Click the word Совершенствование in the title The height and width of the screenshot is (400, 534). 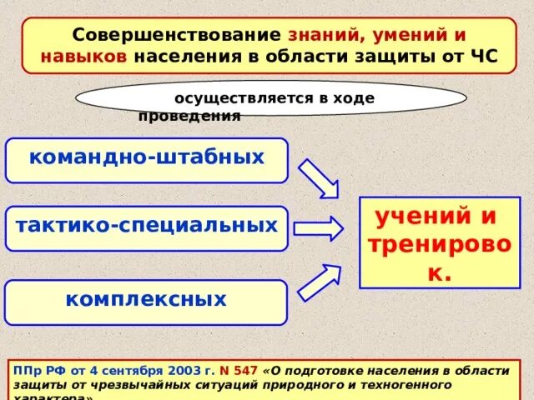point(176,37)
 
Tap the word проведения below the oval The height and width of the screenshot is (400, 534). point(189,117)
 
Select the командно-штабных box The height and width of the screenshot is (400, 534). point(147,159)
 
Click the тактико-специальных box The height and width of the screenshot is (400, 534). point(147,227)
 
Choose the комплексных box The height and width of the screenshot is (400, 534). point(147,302)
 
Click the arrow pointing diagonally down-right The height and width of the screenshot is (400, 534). point(318,178)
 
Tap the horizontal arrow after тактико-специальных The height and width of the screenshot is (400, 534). point(318,228)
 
